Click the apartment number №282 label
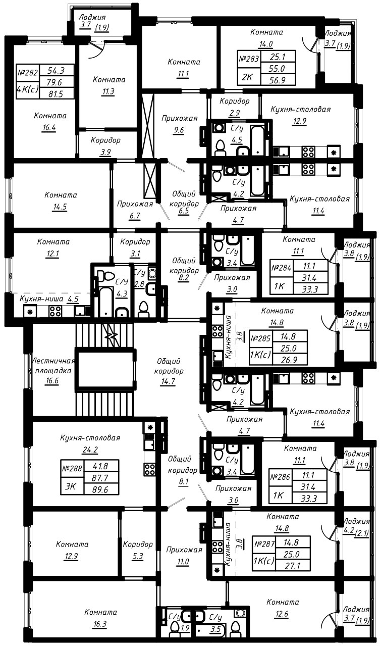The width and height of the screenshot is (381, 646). click(x=28, y=72)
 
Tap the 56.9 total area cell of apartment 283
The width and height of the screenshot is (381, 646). click(x=278, y=80)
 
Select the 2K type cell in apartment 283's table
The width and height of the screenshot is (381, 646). click(x=249, y=77)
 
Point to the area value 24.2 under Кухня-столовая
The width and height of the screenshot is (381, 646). click(x=90, y=450)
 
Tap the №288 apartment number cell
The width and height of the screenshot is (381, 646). click(x=72, y=468)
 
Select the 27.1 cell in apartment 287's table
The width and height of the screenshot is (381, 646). click(x=293, y=566)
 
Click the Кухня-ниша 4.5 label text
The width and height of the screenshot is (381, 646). click(x=49, y=299)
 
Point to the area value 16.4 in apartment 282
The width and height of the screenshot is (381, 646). click(x=48, y=127)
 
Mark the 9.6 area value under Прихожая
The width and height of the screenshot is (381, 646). click(x=179, y=130)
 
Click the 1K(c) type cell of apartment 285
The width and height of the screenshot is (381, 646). click(x=260, y=354)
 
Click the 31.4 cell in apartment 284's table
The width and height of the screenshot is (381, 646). click(x=310, y=278)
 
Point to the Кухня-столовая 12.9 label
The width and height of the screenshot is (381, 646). click(x=300, y=115)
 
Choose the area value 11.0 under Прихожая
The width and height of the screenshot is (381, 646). click(x=183, y=561)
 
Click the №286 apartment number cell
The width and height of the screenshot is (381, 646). click(x=280, y=477)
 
